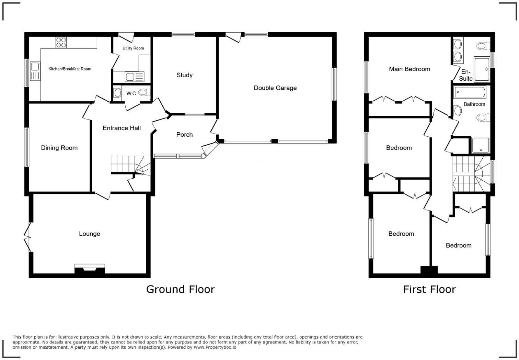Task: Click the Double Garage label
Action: point(275,88)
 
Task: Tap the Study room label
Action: point(184,75)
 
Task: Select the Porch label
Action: point(184,135)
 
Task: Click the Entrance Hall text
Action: point(122,128)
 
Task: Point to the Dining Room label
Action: point(59,148)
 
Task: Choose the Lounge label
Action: point(89,234)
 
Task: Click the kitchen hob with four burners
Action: point(61,42)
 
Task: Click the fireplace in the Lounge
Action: point(90,269)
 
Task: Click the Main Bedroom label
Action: point(409,69)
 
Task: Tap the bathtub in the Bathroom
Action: point(470,92)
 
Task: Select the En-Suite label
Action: point(465,75)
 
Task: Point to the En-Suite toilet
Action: point(483,46)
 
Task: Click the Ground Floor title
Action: point(180,289)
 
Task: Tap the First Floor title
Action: point(429,289)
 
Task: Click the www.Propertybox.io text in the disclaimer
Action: point(215,347)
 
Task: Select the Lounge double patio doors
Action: point(27,237)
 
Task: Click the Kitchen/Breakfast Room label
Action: point(70,69)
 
